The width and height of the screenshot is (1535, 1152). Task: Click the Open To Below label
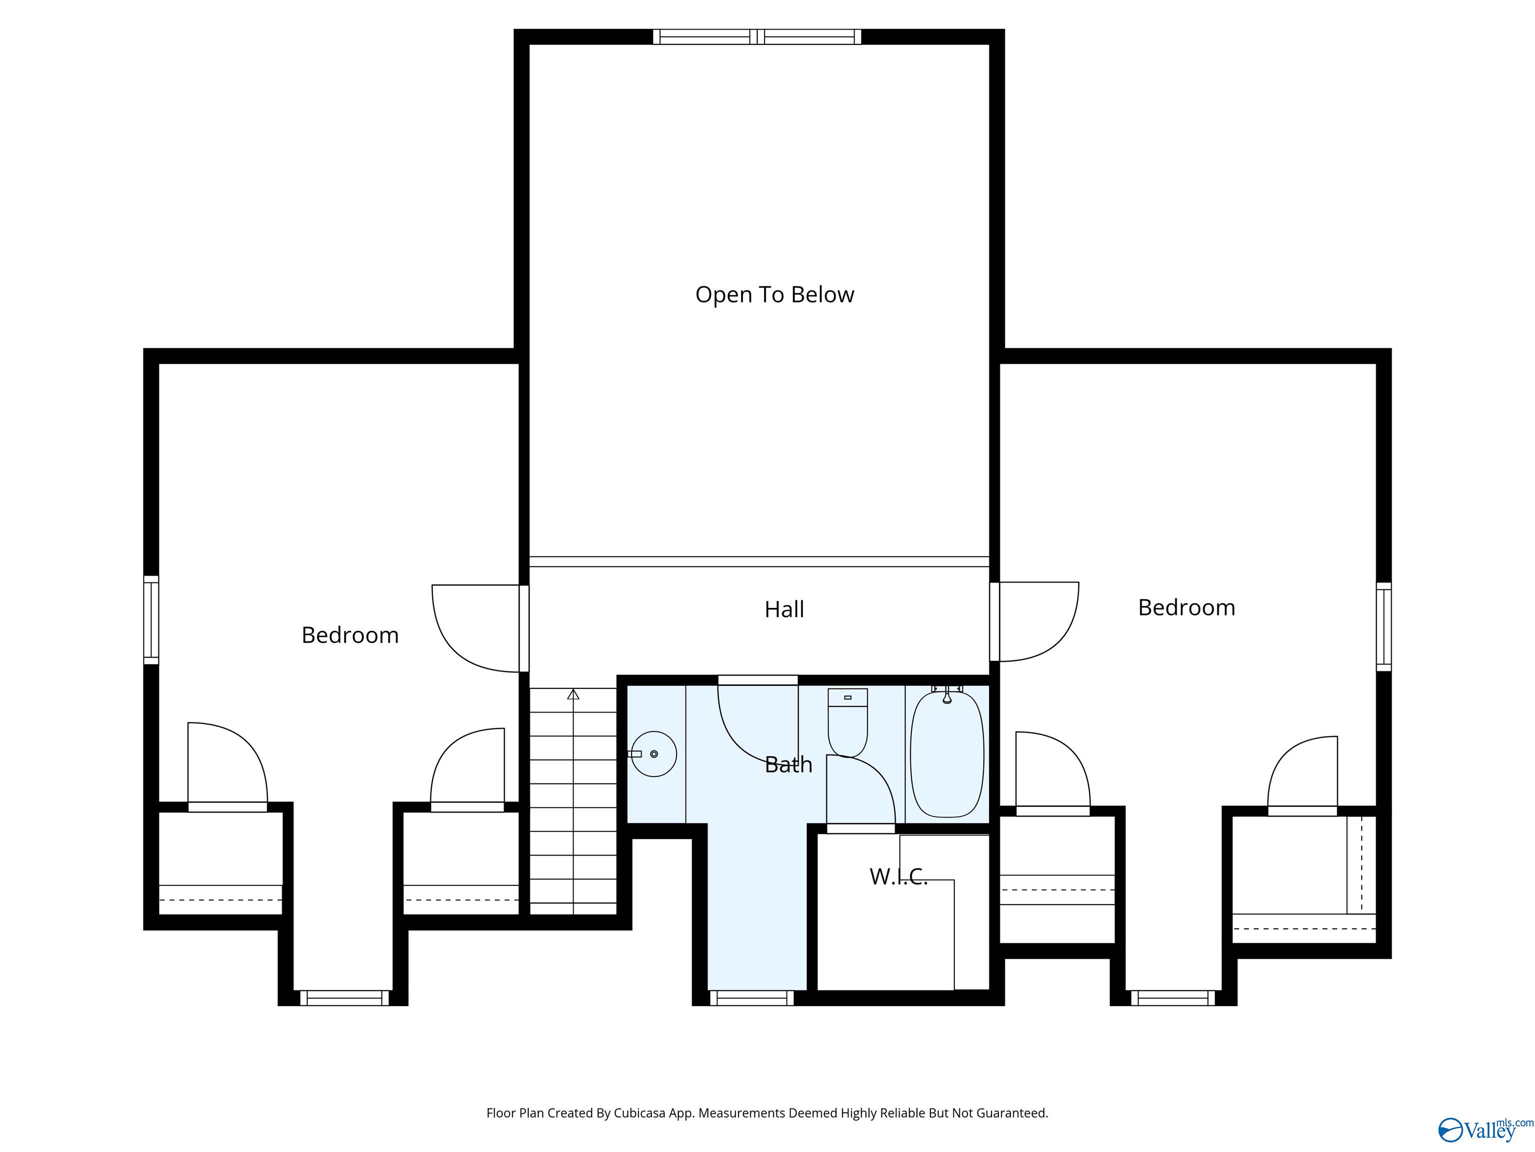tap(774, 294)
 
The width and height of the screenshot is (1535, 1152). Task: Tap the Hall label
tap(784, 609)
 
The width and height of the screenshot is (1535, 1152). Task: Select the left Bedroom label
tap(350, 634)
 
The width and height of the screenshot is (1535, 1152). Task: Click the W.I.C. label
tap(898, 876)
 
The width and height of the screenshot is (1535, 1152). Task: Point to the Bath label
tap(788, 764)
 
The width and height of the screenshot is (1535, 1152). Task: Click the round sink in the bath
tap(654, 754)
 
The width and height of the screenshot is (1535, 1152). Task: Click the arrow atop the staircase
tap(573, 693)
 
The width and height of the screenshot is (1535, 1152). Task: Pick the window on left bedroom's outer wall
tap(150, 620)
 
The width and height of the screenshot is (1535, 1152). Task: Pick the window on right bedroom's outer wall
tap(1384, 627)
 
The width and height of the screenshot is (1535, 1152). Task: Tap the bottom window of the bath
tap(752, 998)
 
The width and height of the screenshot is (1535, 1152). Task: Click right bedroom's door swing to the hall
tap(1039, 621)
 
